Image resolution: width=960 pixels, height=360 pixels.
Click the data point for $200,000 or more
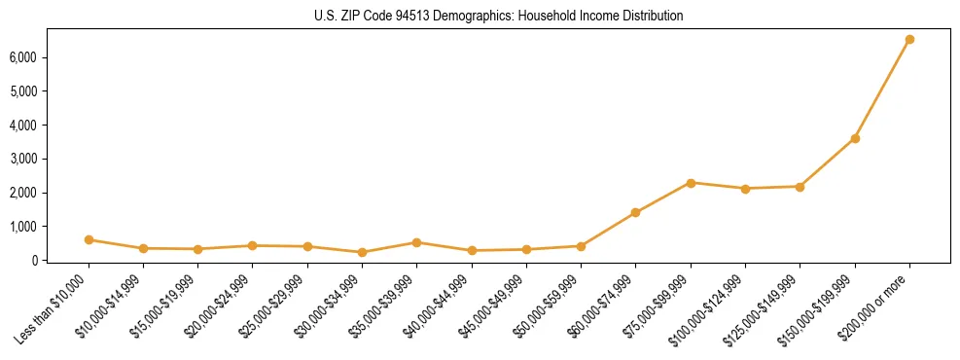pyautogui.click(x=909, y=40)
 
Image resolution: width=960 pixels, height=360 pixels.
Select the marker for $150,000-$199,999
pyautogui.click(x=855, y=138)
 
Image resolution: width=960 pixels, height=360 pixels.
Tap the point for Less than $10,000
pyautogui.click(x=89, y=239)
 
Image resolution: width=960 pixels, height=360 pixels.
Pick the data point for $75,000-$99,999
pyautogui.click(x=691, y=183)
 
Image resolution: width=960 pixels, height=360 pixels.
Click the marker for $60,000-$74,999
pyautogui.click(x=635, y=212)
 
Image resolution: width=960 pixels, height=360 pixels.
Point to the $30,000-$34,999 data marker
pyautogui.click(x=362, y=252)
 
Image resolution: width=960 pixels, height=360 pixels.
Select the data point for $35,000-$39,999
pyautogui.click(x=416, y=242)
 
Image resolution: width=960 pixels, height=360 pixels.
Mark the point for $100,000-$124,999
pyautogui.click(x=745, y=189)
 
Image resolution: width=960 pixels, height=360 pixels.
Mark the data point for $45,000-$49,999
pyautogui.click(x=526, y=249)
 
